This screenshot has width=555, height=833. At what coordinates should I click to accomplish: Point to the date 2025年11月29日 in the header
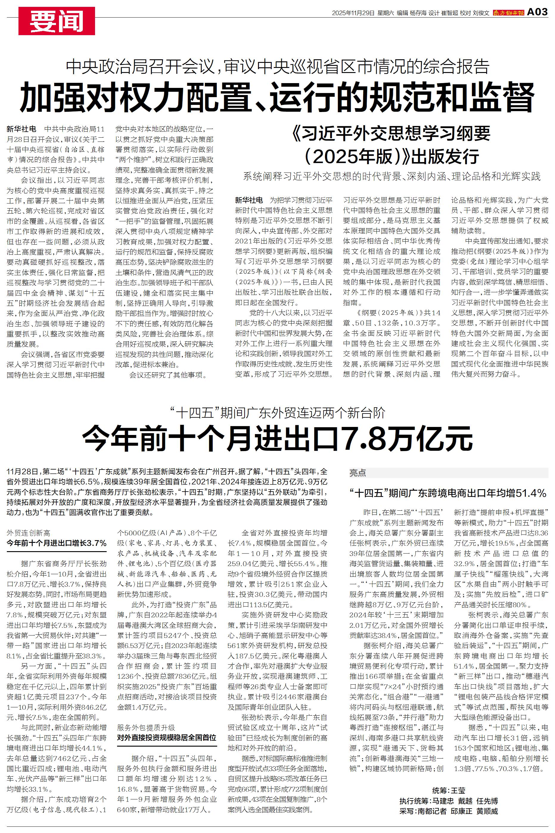pyautogui.click(x=353, y=13)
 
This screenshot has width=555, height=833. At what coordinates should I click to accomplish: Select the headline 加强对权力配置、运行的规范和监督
pyautogui.click(x=277, y=97)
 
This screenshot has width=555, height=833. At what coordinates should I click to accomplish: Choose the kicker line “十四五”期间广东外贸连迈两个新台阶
pyautogui.click(x=277, y=413)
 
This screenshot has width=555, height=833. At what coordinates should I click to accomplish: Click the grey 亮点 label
pyautogui.click(x=357, y=473)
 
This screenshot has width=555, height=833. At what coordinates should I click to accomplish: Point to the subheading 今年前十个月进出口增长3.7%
pyautogui.click(x=57, y=543)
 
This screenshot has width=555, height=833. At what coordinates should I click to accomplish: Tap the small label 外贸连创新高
pyautogui.click(x=28, y=533)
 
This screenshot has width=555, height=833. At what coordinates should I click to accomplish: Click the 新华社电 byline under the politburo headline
pyautogui.click(x=21, y=129)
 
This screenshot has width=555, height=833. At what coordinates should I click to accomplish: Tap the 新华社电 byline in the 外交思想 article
pyautogui.click(x=249, y=200)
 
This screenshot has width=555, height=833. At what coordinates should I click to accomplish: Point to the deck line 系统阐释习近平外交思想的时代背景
pyautogui.click(x=391, y=176)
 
